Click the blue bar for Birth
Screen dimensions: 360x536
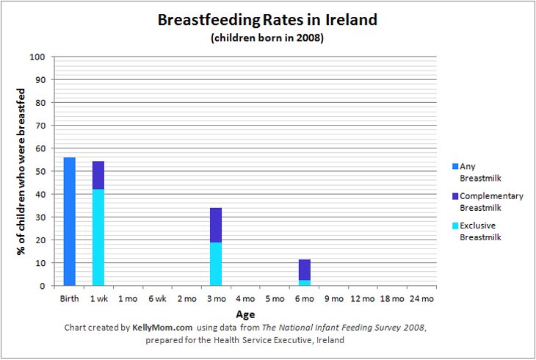(69, 222)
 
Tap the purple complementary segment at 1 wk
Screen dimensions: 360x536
(98, 175)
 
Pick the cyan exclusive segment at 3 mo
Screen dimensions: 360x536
(216, 264)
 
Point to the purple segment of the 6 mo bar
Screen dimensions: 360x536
(304, 269)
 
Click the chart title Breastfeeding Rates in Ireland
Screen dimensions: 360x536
(267, 21)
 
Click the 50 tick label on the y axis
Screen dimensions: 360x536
(41, 171)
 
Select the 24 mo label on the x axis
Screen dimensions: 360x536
(421, 299)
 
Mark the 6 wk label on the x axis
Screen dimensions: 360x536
(157, 299)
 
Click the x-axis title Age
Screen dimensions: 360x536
(245, 314)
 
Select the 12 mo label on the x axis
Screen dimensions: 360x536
(363, 299)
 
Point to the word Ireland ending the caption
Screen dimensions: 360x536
(329, 340)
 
